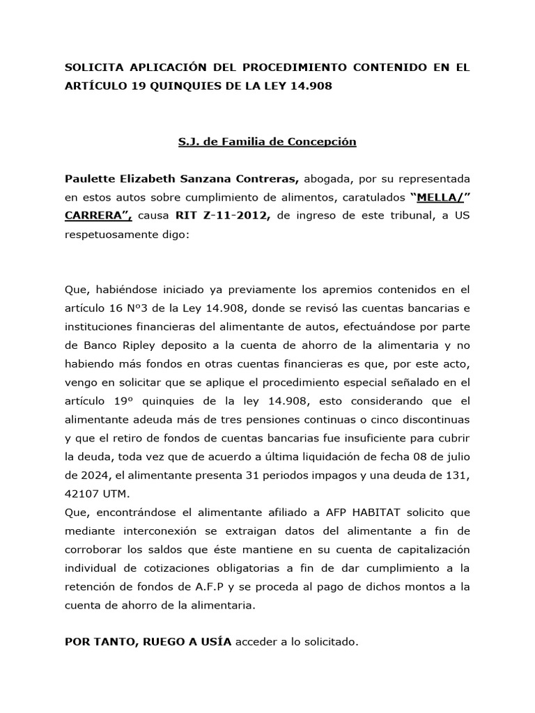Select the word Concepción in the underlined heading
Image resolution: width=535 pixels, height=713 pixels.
[x=325, y=141]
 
